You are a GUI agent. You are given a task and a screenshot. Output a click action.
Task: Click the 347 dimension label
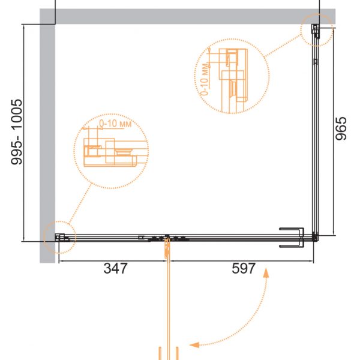tap(115, 268)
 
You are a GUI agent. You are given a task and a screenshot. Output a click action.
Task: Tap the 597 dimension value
tap(244, 268)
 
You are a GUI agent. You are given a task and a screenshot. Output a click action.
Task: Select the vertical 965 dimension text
tap(341, 128)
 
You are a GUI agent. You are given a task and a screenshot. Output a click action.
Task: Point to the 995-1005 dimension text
tap(17, 132)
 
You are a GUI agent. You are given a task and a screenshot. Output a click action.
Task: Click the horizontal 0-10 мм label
tap(115, 124)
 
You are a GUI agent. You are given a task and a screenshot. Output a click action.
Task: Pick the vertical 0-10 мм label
tap(205, 79)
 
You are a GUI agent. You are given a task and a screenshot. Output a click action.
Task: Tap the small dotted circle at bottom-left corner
tap(59, 238)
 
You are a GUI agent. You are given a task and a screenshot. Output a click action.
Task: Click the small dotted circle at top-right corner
tap(317, 30)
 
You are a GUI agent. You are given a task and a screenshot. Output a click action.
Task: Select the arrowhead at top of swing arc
tap(266, 273)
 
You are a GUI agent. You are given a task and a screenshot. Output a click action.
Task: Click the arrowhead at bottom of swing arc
tap(194, 345)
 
